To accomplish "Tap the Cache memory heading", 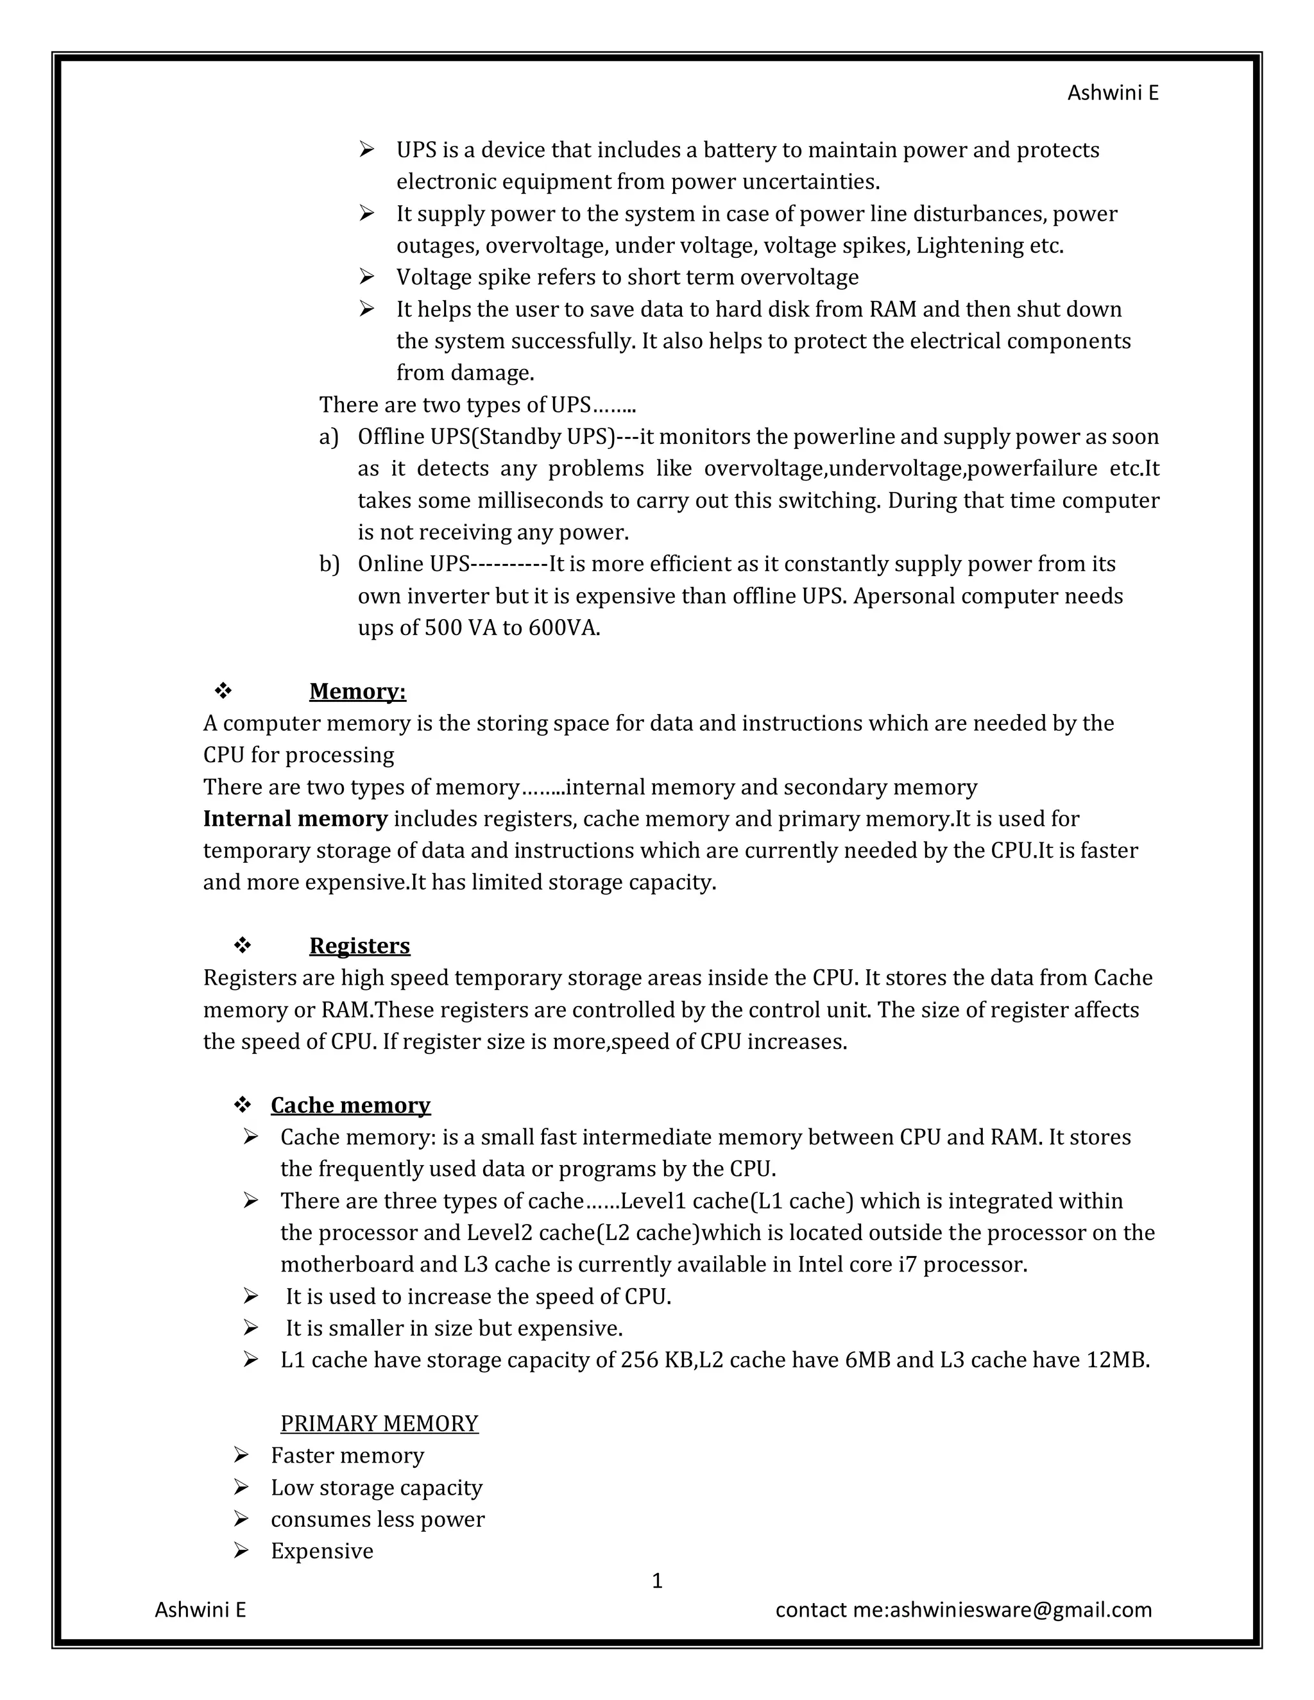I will (x=350, y=1105).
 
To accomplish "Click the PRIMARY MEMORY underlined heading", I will (x=379, y=1424).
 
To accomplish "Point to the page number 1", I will (x=656, y=1581).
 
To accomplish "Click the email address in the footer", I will (x=1020, y=1610).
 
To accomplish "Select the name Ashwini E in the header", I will (x=1113, y=94).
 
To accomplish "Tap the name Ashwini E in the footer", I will (x=200, y=1610).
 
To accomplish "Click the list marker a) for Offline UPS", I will (x=328, y=438).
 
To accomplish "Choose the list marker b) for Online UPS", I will (x=328, y=565).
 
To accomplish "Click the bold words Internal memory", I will (x=295, y=819).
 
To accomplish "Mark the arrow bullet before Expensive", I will (x=241, y=1551).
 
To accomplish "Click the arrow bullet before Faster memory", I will (x=241, y=1455).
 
